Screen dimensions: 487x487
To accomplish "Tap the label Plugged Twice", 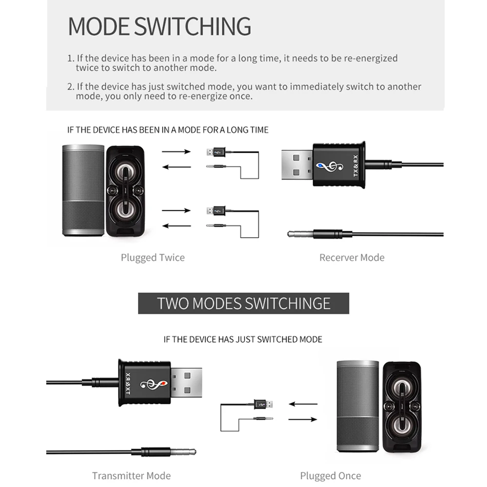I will point(152,258).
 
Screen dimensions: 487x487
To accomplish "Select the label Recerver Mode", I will point(352,258).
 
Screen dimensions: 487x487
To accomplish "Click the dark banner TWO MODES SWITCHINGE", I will point(243,303).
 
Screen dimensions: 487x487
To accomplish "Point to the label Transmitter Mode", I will point(131,475).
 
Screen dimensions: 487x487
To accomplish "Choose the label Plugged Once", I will point(330,475).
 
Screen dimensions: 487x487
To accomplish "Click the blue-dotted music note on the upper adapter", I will point(327,167).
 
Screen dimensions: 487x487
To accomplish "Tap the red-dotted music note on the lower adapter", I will point(152,385).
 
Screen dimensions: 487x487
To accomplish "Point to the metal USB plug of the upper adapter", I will point(298,166).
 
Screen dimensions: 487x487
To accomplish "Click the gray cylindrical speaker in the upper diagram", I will point(83,190).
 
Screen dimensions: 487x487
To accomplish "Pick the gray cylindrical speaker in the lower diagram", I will point(357,407).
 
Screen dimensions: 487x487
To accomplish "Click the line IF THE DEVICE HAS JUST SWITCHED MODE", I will point(243,339).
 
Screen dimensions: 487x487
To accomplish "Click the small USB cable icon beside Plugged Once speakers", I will point(263,404).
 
